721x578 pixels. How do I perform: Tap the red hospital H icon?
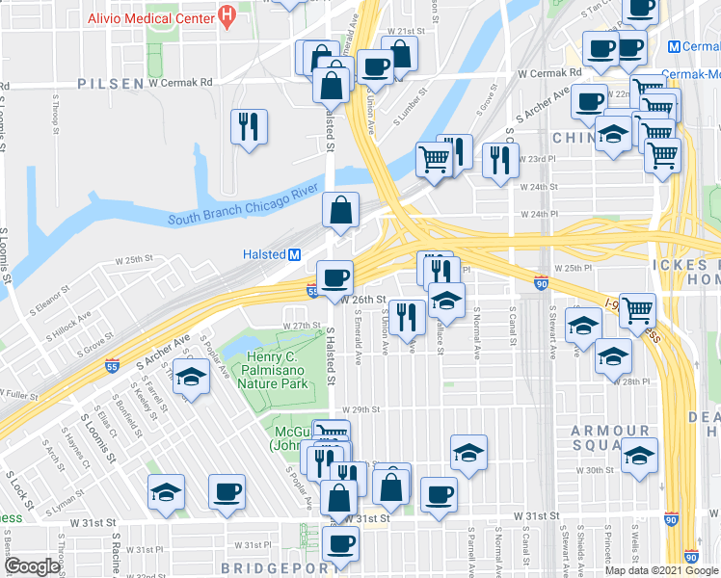[x=227, y=15]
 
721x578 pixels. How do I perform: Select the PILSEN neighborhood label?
[x=112, y=84]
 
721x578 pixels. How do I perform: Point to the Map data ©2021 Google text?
[x=660, y=570]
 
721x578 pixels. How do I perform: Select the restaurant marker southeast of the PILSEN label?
[x=249, y=127]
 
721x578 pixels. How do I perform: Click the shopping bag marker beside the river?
[x=341, y=210]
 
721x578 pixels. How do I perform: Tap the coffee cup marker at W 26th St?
[x=334, y=277]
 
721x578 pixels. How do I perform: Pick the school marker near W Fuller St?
[x=191, y=379]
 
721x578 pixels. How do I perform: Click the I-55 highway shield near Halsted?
[x=313, y=290]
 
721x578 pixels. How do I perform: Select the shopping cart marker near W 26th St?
[x=637, y=310]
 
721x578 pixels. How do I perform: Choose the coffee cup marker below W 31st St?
[x=339, y=544]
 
